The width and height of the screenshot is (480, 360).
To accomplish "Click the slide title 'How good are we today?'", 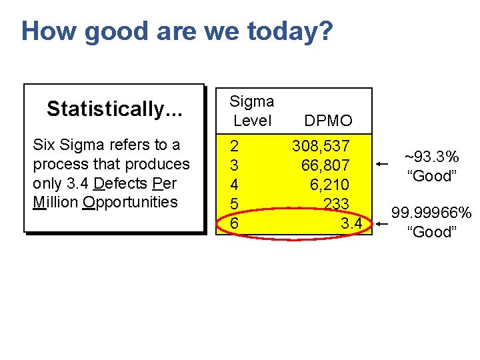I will pos(176,31).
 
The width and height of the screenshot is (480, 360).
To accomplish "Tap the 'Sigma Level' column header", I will pos(251,111).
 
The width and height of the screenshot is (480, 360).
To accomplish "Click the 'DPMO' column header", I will pos(328,121).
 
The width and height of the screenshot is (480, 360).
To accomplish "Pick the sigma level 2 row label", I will pos(234,145).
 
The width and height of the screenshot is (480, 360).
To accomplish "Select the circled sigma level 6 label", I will pos(234,223).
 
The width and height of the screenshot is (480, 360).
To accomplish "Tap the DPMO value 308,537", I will pos(321,145).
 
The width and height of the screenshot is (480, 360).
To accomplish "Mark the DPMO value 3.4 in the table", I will pos(351,223).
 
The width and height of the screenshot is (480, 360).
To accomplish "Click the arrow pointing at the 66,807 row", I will pos(381,163).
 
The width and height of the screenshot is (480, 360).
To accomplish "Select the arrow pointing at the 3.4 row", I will pos(381,225).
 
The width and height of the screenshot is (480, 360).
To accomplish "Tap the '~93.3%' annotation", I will pos(432,157).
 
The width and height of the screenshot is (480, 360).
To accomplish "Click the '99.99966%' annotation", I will pos(431,213).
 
